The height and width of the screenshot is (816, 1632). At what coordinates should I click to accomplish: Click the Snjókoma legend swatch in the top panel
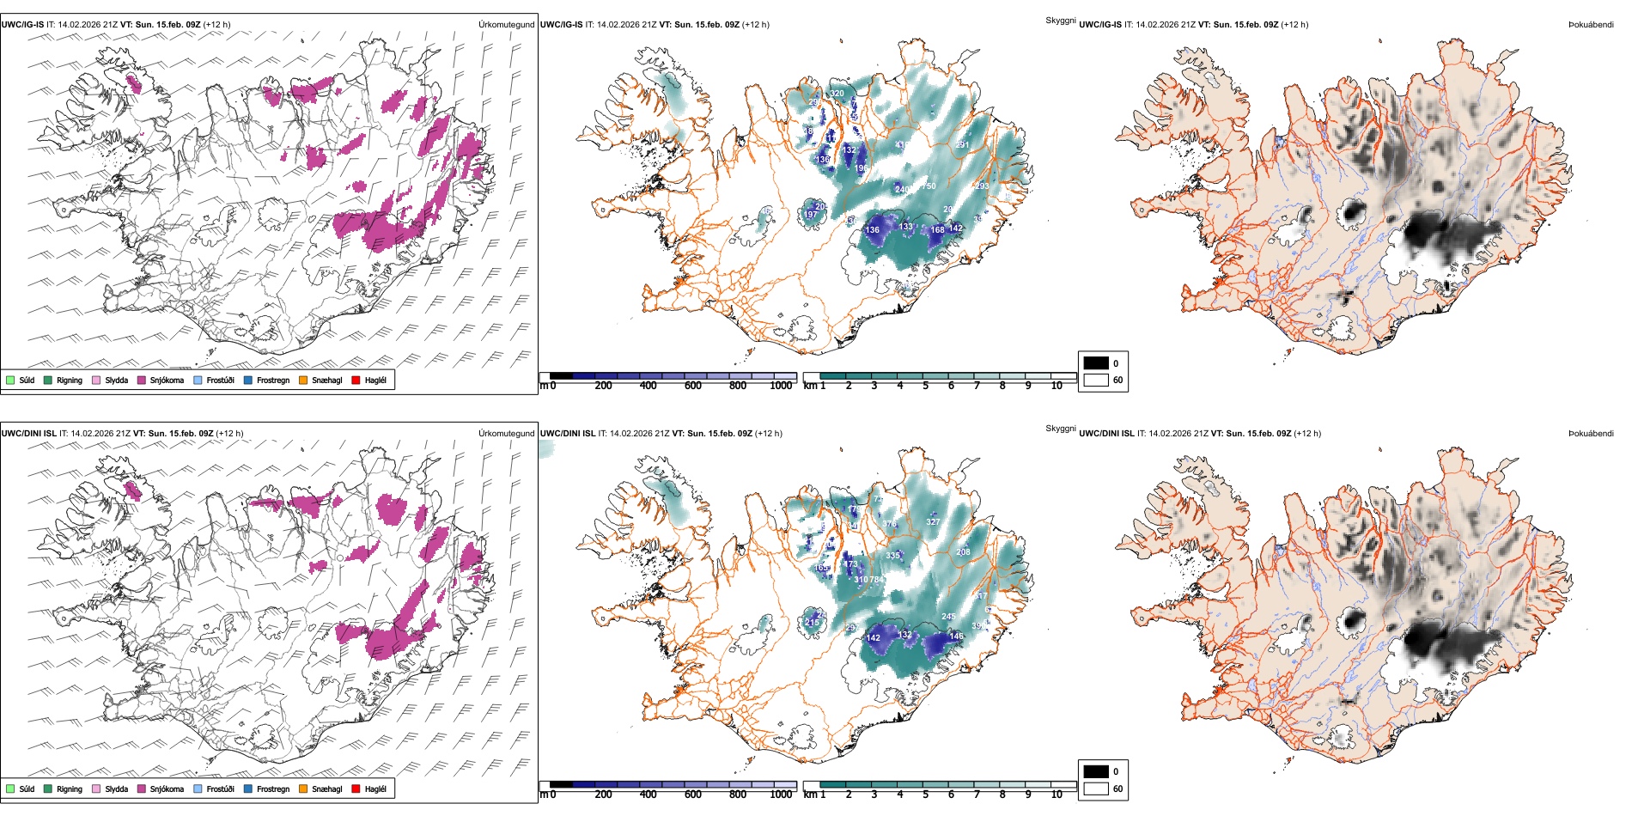click(x=142, y=381)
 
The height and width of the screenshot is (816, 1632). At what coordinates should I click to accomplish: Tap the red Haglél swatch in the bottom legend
click(x=356, y=789)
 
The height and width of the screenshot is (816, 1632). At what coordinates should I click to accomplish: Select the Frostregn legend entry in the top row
click(x=248, y=381)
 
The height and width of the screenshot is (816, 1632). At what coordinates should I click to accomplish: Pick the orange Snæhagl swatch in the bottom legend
click(x=303, y=789)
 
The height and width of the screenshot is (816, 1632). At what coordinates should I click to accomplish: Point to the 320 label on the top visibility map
click(x=837, y=94)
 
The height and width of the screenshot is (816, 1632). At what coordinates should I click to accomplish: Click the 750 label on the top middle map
click(x=929, y=186)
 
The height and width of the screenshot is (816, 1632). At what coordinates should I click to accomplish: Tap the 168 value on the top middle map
click(x=937, y=230)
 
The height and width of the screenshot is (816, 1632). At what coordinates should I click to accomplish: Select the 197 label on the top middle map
click(x=811, y=215)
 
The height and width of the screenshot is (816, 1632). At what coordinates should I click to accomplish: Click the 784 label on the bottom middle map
click(x=876, y=580)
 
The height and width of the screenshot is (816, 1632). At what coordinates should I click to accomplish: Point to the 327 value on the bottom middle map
click(x=933, y=522)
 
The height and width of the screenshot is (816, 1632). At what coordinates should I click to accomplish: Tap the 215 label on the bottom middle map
click(x=812, y=623)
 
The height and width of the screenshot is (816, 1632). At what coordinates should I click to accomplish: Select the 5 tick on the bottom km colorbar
click(x=925, y=795)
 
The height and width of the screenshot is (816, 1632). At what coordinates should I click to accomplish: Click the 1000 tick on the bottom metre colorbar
click(x=781, y=795)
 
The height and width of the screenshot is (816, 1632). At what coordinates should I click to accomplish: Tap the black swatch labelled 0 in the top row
click(x=1096, y=363)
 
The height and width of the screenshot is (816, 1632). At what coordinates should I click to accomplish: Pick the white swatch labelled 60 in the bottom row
click(x=1096, y=789)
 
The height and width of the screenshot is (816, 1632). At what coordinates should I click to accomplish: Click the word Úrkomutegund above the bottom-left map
click(x=506, y=434)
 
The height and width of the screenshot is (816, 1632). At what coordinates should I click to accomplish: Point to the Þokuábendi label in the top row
click(x=1591, y=25)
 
